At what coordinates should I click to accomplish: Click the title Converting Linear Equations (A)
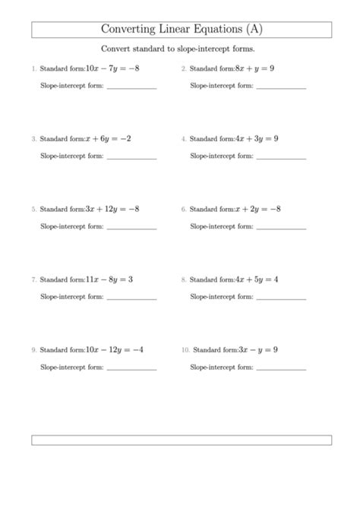click(x=182, y=30)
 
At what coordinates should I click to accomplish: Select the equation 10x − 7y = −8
click(x=112, y=69)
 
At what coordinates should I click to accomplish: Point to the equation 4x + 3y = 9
click(x=257, y=139)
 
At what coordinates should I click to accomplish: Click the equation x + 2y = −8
click(x=259, y=209)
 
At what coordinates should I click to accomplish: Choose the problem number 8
click(x=183, y=280)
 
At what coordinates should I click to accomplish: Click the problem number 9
click(x=33, y=350)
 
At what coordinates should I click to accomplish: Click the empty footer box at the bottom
click(x=182, y=440)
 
